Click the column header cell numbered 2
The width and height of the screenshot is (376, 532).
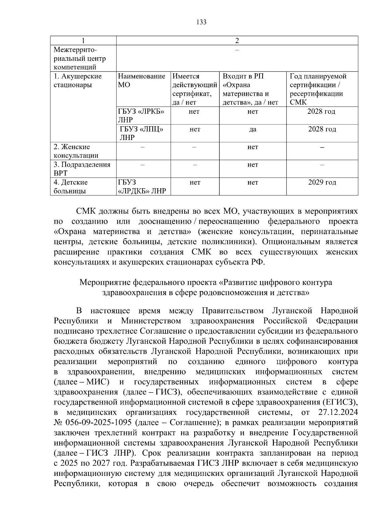(x=237, y=41)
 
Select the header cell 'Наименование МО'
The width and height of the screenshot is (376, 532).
(x=142, y=81)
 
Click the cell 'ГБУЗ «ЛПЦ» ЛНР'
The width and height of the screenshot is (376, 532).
(x=142, y=133)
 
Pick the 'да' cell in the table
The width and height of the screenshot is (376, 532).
(x=253, y=129)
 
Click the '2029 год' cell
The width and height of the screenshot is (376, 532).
(x=322, y=182)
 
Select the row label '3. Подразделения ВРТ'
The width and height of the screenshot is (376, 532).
(x=82, y=169)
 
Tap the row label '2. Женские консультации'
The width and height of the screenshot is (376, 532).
(x=76, y=151)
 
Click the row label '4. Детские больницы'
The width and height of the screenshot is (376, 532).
(x=71, y=186)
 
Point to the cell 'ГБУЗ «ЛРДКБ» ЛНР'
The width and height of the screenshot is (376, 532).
(x=142, y=187)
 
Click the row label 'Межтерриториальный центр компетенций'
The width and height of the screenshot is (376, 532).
(x=80, y=58)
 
